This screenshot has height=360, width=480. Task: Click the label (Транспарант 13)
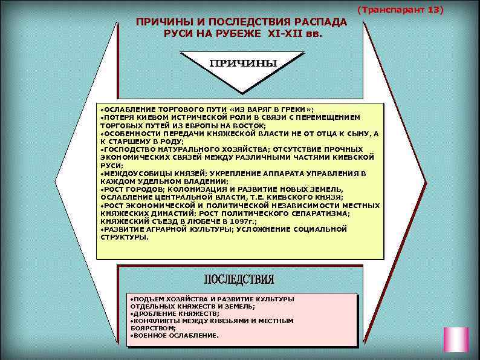(400, 10)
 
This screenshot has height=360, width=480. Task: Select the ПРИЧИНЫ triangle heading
(243, 63)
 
